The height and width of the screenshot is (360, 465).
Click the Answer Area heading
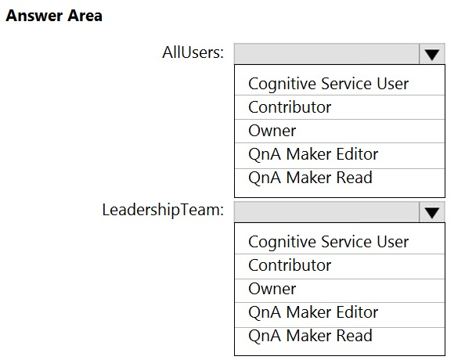click(54, 16)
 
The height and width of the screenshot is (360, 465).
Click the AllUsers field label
click(193, 52)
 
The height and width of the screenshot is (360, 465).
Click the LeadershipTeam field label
click(163, 210)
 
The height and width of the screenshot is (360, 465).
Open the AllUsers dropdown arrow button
click(432, 54)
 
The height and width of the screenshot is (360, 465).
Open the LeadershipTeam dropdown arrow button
click(432, 212)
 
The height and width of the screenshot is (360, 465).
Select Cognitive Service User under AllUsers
click(328, 84)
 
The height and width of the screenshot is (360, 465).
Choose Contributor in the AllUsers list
click(290, 107)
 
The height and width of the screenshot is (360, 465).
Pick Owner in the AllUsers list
click(272, 131)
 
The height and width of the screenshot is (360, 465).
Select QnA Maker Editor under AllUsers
click(313, 154)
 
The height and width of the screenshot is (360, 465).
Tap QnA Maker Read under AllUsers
click(310, 178)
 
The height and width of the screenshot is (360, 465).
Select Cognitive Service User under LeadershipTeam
click(328, 242)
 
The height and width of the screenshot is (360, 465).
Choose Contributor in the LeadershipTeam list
click(290, 265)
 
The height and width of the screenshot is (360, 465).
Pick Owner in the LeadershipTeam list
click(272, 289)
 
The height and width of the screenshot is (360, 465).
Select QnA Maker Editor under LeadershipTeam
click(313, 312)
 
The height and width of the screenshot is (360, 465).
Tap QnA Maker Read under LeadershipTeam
click(310, 336)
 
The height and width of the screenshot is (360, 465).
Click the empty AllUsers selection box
click(326, 54)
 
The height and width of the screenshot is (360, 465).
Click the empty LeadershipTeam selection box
click(326, 212)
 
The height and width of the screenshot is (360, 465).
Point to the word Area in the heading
click(85, 16)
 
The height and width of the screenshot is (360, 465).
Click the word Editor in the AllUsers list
click(355, 154)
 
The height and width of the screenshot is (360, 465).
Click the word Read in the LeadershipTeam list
click(355, 336)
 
